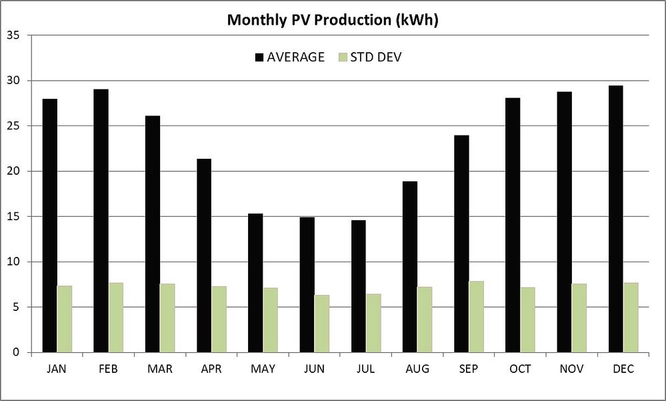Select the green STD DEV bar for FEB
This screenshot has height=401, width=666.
116,318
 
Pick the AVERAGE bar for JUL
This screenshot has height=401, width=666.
359,286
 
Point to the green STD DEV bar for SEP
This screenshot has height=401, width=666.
476,317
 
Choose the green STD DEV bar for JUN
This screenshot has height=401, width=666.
322,324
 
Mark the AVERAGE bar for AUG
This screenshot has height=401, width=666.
410,267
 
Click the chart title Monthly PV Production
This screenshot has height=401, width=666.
333,19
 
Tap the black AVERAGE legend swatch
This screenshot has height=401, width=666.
259,57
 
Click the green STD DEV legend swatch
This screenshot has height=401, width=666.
344,57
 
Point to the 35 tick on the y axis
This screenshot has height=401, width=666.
13,35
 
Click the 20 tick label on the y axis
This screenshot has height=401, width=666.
13,171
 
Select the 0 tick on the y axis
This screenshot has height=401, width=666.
17,352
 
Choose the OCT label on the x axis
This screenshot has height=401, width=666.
519,369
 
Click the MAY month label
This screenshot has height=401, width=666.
263,369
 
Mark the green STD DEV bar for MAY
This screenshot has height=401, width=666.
270,320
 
